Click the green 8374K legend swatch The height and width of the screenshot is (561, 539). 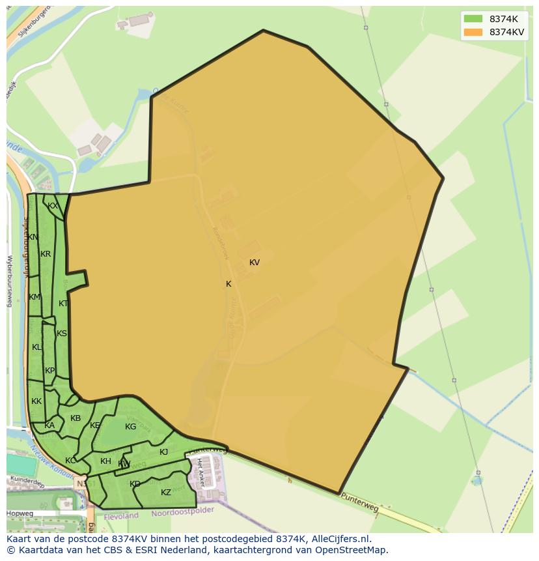[473, 19]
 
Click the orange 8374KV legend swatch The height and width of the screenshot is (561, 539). [473, 32]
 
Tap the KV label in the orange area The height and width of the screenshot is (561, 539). [255, 263]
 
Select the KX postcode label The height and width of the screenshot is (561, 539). [53, 206]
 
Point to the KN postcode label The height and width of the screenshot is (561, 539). [33, 237]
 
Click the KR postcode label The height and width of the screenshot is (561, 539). [46, 254]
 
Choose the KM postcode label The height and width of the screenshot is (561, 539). [35, 297]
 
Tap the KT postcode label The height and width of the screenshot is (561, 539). [63, 304]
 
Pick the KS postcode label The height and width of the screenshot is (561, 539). [62, 334]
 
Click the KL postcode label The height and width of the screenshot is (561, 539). [36, 347]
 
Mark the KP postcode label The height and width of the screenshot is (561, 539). [50, 371]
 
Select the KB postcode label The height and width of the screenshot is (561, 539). [76, 418]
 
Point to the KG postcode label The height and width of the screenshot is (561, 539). [130, 427]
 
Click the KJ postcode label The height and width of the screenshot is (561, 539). [164, 452]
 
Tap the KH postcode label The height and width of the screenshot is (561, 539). [105, 461]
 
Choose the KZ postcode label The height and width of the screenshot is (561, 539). [166, 493]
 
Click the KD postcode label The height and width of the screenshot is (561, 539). [135, 484]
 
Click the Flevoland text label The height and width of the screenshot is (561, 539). [120, 515]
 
